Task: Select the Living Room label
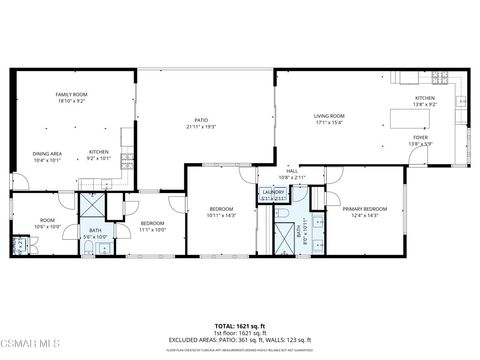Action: (x=327, y=120)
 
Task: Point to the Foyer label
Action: (x=420, y=140)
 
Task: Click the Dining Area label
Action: (x=47, y=156)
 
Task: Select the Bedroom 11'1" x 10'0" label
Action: (x=152, y=226)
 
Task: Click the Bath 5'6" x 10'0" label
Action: (x=95, y=234)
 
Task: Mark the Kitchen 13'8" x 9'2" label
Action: (x=425, y=101)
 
